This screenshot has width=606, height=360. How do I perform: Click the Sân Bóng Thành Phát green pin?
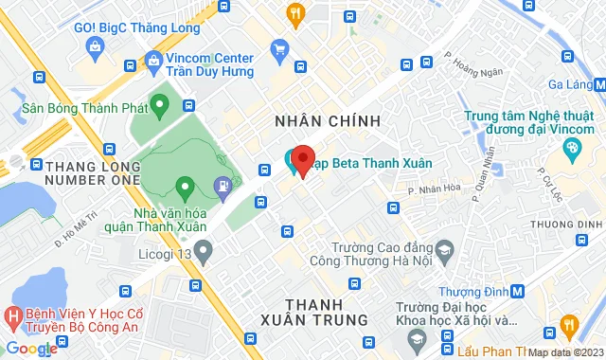tap(160, 105)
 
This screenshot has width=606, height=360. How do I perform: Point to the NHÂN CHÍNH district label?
tap(327, 121)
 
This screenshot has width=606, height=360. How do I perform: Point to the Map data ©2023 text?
tap(564, 353)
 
